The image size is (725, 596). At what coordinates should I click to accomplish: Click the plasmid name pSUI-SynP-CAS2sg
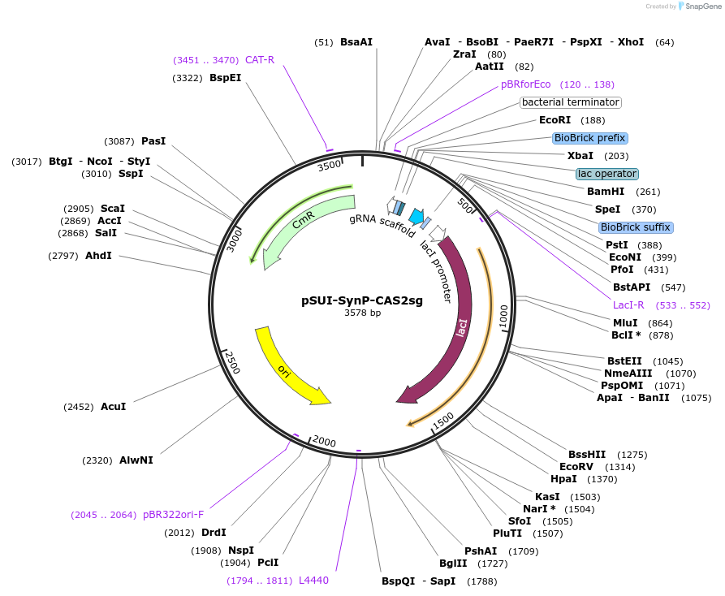click(362, 300)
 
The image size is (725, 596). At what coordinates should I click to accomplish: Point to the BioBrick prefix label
click(589, 138)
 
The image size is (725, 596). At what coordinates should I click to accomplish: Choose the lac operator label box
click(607, 174)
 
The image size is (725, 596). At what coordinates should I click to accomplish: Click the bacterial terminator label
click(571, 102)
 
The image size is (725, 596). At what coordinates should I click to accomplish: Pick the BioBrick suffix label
click(636, 227)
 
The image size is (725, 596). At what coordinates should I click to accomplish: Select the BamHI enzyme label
click(606, 192)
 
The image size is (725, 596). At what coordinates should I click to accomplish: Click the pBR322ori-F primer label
click(173, 515)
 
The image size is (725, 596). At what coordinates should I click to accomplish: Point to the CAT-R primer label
click(260, 60)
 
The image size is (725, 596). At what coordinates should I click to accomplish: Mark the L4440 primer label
click(313, 581)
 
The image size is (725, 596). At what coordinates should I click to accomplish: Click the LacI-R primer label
click(628, 305)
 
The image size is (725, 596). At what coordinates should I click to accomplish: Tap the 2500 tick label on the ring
click(233, 362)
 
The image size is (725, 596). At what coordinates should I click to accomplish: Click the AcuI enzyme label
click(114, 406)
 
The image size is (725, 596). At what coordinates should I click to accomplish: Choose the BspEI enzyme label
click(225, 78)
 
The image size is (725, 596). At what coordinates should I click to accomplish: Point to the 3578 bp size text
click(362, 313)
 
